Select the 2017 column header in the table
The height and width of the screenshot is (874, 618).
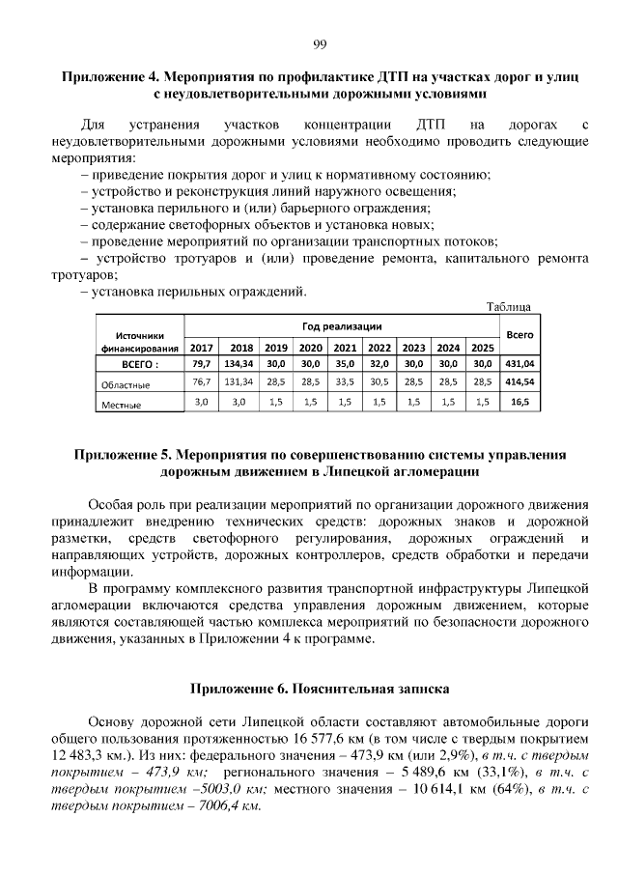pyautogui.click(x=202, y=348)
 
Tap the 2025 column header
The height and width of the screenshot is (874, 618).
pyautogui.click(x=481, y=348)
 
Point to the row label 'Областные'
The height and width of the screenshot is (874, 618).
pyautogui.click(x=126, y=384)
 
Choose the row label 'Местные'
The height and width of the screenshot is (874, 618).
pyautogui.click(x=122, y=406)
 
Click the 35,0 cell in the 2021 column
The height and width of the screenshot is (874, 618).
pyautogui.click(x=345, y=364)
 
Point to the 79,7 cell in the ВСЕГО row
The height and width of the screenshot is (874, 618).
pyautogui.click(x=202, y=364)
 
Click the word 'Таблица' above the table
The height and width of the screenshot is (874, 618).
pyautogui.click(x=508, y=307)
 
